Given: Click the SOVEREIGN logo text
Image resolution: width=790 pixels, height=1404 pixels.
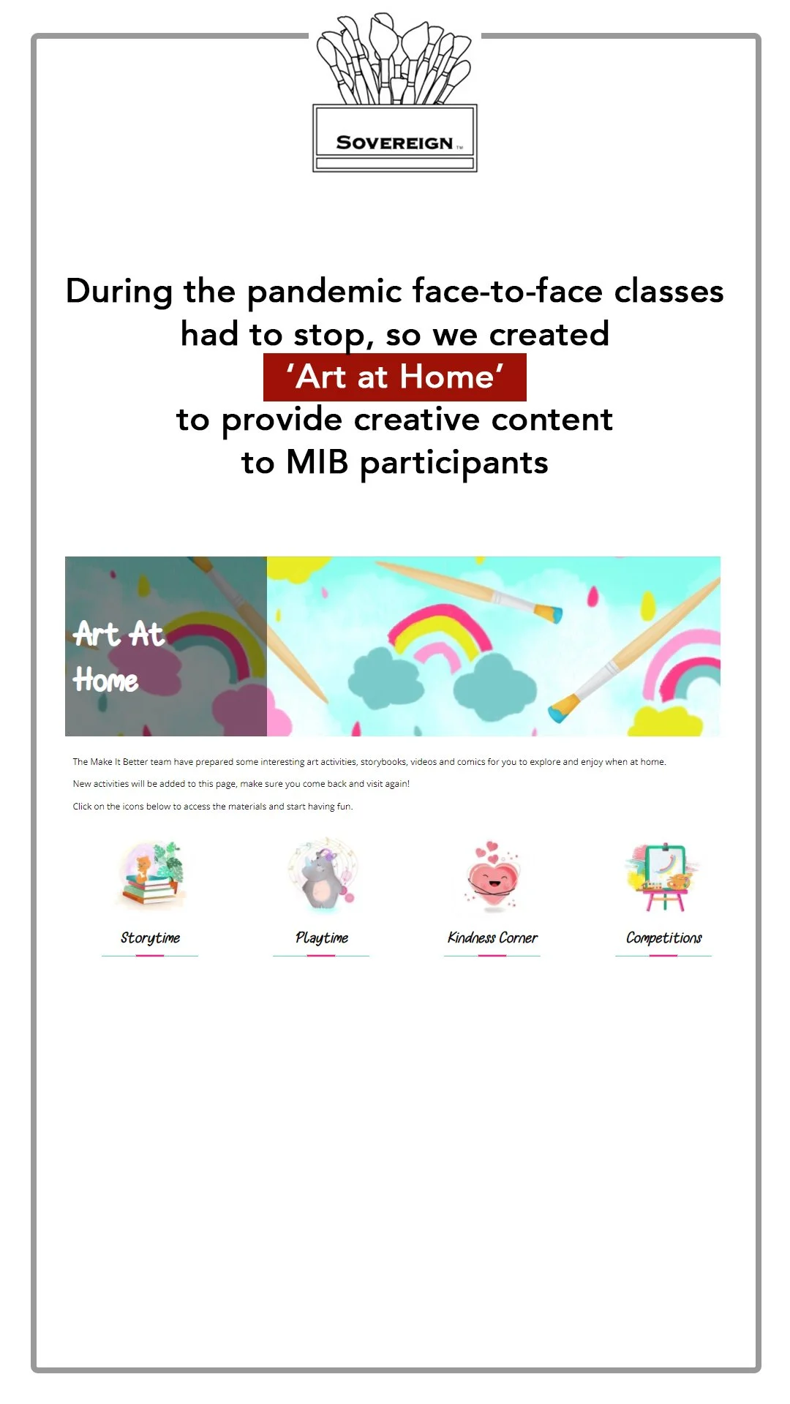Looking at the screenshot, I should click(394, 143).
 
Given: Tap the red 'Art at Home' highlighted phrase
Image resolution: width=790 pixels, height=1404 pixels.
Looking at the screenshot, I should click(394, 377).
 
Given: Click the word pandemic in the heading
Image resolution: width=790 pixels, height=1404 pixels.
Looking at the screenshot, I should click(325, 292).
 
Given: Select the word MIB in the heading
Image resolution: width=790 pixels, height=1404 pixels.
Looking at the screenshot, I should click(317, 462).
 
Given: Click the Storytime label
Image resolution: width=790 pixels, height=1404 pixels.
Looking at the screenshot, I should click(150, 937).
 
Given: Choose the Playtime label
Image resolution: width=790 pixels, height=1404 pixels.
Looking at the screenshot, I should click(321, 937).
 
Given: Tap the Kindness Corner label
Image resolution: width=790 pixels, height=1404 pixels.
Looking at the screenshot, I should click(492, 937).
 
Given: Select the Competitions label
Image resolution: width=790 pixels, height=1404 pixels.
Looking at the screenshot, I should click(663, 937).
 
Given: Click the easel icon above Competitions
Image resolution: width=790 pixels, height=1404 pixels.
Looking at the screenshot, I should click(663, 876).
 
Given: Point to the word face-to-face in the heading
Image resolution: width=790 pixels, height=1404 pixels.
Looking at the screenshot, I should click(507, 292).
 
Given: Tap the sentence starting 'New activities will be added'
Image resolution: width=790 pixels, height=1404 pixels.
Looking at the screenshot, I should click(241, 784).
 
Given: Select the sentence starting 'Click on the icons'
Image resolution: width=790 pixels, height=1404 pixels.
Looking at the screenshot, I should click(212, 807).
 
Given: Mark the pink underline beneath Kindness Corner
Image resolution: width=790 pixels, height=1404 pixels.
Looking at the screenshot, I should click(492, 956).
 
